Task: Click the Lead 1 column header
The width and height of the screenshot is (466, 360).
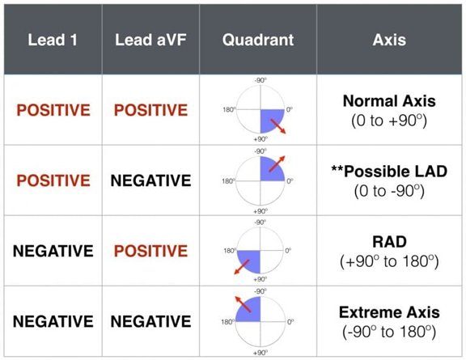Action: coord(53,40)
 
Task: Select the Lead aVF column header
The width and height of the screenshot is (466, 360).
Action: coord(150,40)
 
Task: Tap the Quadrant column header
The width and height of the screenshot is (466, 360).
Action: coord(258,40)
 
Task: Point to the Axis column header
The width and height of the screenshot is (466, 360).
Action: coord(389,40)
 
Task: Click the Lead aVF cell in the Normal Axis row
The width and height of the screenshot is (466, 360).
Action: coord(150,110)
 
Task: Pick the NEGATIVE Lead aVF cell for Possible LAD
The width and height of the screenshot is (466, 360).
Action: coord(150,180)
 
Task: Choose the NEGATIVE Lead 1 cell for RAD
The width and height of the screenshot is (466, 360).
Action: coord(53,251)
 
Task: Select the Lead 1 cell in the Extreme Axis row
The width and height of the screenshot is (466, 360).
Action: coord(53,321)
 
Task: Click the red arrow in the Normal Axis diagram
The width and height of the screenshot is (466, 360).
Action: coord(278,127)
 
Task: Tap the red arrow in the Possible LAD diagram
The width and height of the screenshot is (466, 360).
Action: coord(277,163)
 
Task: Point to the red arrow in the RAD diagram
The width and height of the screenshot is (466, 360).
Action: coord(242,267)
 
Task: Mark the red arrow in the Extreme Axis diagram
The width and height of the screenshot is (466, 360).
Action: coord(243,304)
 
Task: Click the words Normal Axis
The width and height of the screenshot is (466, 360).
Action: coord(389,101)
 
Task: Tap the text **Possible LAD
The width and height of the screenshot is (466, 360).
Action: coord(389,172)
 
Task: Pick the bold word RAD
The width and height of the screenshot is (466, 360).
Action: coord(389,242)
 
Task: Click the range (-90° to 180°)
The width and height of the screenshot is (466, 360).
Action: coord(389,332)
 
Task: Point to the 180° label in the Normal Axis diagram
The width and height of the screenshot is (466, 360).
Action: coord(229,110)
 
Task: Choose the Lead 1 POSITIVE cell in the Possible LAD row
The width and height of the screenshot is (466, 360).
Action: coord(53,180)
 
